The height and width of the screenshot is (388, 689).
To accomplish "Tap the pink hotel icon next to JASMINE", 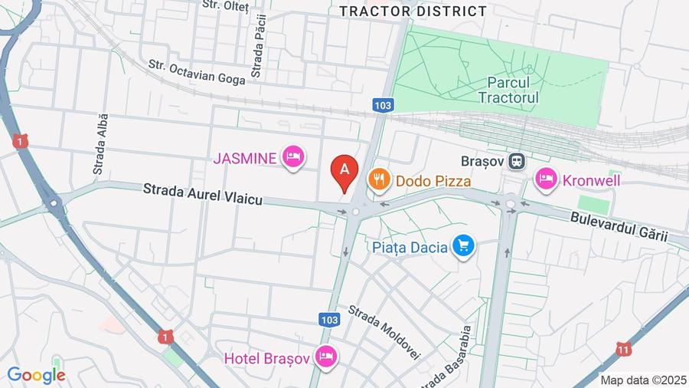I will [x=292, y=158].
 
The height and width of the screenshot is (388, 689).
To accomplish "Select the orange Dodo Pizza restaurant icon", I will [x=379, y=180].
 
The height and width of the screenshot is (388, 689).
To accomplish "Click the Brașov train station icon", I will [x=518, y=161].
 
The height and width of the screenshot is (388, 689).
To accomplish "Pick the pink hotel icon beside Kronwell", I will [x=546, y=179].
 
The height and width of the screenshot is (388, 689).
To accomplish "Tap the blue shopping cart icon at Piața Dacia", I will [x=463, y=246].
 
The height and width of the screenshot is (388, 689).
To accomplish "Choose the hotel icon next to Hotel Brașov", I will [x=326, y=357].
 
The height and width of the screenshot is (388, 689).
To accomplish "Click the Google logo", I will [x=36, y=375].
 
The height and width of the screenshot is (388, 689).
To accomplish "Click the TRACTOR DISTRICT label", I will [x=413, y=11].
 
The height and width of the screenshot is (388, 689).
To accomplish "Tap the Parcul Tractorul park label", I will [x=508, y=90].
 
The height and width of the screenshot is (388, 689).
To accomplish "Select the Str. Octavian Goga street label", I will [x=196, y=69].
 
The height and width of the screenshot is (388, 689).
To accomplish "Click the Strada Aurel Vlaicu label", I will [x=203, y=194].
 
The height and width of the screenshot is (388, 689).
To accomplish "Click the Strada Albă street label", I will [x=100, y=144].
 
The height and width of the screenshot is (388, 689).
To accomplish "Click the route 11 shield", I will [x=624, y=350].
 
